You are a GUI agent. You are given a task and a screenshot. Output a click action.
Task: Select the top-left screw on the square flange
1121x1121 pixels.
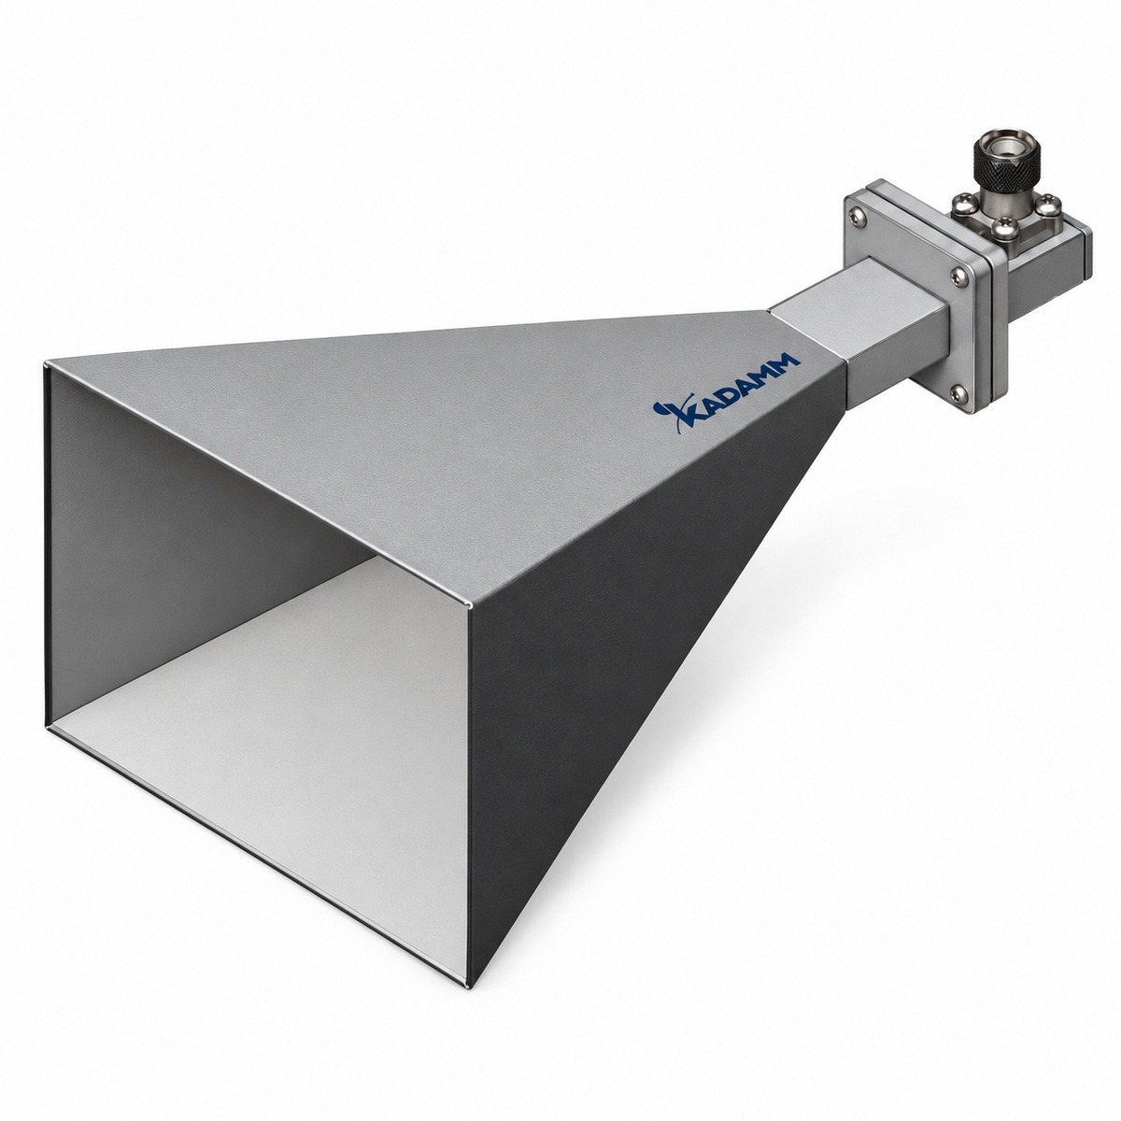coord(856,215)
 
